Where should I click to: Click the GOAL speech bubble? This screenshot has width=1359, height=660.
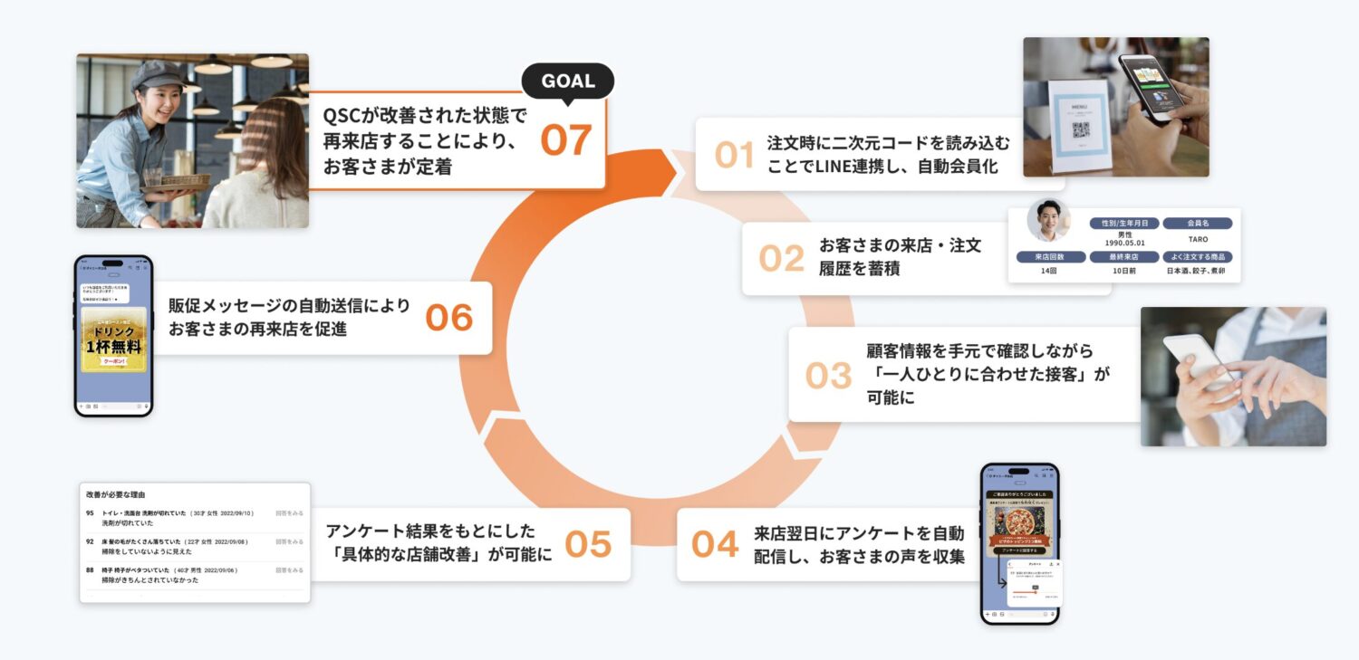[x=568, y=81]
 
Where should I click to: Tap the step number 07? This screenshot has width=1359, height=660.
[x=565, y=140]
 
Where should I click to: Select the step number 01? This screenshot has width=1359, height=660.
[x=734, y=155]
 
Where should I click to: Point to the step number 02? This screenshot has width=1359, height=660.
[x=781, y=258]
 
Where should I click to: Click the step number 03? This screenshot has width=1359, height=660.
[x=828, y=375]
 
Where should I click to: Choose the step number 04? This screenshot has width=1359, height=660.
[x=715, y=543]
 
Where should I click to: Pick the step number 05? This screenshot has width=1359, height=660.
[x=588, y=543]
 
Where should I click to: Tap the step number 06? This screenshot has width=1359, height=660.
[x=449, y=317]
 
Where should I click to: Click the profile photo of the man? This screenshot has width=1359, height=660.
[x=1048, y=221]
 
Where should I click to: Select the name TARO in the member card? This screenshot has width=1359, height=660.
[x=1197, y=240]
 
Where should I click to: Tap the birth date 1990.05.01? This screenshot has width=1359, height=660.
[x=1124, y=243]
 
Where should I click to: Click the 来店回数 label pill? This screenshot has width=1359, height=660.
[x=1049, y=256]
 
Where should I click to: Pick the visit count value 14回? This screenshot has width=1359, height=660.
[x=1049, y=271]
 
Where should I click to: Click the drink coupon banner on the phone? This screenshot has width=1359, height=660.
[x=113, y=340]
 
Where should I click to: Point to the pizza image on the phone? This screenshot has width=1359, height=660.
[x=1019, y=522]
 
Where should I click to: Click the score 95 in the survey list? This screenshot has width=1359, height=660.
[x=90, y=513]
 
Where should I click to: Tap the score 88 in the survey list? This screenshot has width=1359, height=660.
[x=90, y=570]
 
